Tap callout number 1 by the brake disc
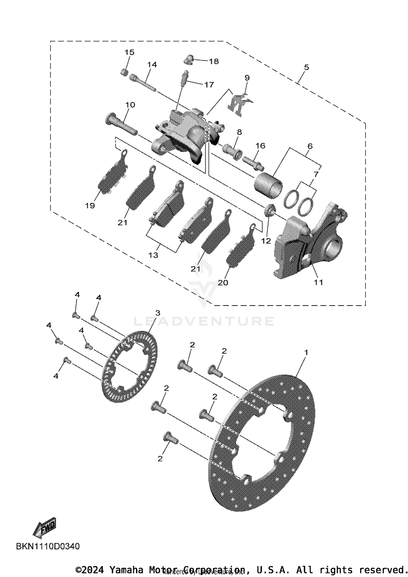click(306, 352)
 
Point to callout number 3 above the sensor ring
click(158, 313)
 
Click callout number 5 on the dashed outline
click(307, 67)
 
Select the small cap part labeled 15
click(124, 72)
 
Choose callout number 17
click(209, 85)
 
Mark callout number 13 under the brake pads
click(153, 255)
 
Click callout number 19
click(90, 205)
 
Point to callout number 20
click(223, 283)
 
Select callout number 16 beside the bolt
click(260, 146)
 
